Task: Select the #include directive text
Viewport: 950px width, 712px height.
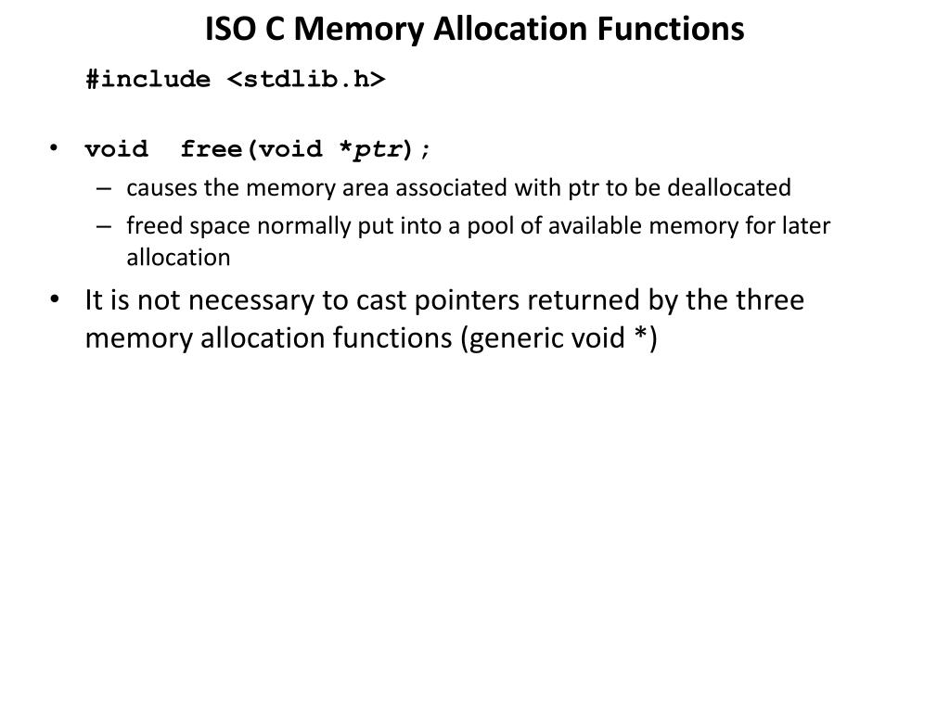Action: pos(148,80)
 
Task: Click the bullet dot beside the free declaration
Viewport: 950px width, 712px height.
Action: pos(55,148)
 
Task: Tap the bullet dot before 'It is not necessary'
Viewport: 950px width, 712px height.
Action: pos(55,300)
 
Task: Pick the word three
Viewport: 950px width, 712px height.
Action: pos(769,301)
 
